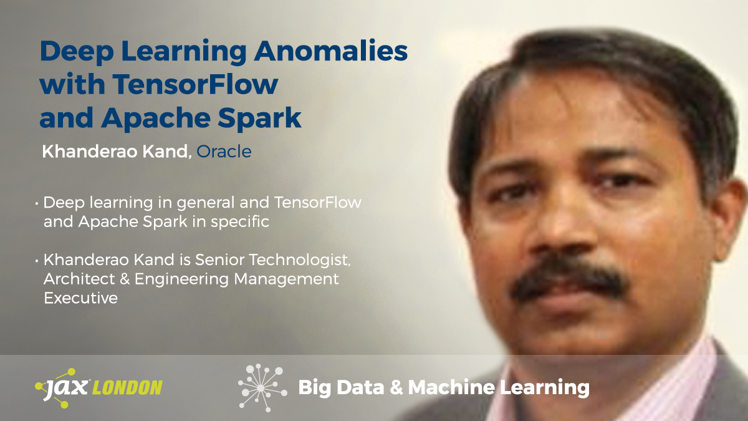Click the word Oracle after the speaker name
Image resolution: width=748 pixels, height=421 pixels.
pyautogui.click(x=224, y=152)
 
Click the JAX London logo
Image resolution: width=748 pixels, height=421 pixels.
pyautogui.click(x=98, y=387)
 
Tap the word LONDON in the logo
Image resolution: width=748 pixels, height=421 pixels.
pyautogui.click(x=127, y=388)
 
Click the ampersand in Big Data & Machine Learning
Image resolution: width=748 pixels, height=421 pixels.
pyautogui.click(x=397, y=388)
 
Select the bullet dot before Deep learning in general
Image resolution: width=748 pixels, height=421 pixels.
pyautogui.click(x=37, y=203)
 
